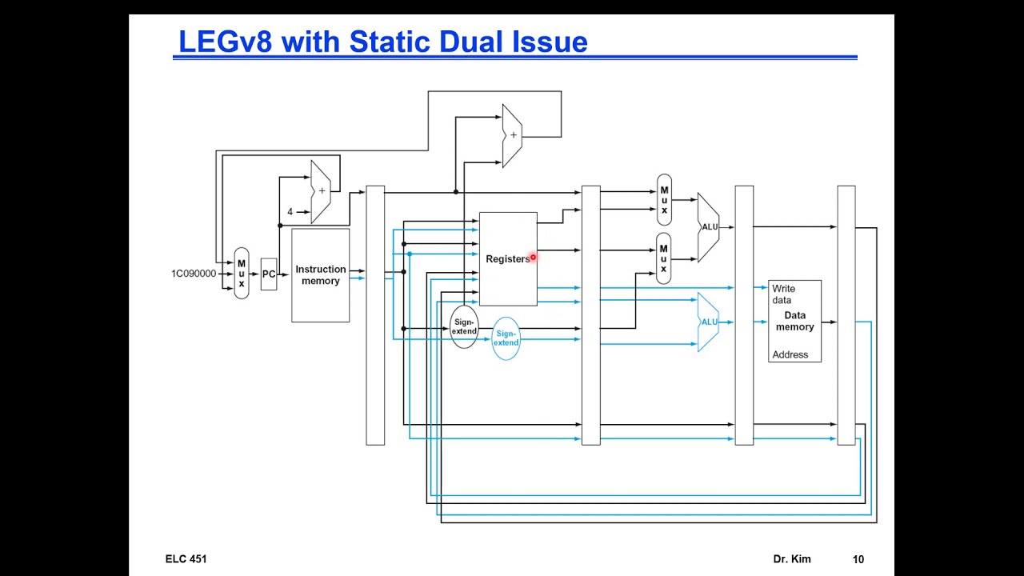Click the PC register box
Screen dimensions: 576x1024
click(269, 274)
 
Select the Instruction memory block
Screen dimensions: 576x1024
click(320, 275)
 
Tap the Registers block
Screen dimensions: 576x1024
click(507, 259)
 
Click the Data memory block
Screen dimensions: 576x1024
click(794, 321)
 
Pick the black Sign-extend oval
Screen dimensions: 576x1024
click(464, 326)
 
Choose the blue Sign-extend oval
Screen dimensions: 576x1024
click(506, 338)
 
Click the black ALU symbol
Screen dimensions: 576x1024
click(709, 227)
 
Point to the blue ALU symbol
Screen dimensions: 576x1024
click(709, 322)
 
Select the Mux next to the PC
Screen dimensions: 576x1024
click(241, 274)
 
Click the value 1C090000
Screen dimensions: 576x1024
click(193, 274)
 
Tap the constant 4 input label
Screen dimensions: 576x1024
click(290, 212)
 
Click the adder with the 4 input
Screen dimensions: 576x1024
click(321, 192)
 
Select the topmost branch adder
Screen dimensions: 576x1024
click(512, 135)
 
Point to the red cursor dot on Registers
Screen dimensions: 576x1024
click(533, 258)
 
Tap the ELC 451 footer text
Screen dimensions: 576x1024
click(186, 559)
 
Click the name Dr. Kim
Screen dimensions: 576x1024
click(792, 559)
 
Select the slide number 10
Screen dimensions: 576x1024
click(858, 559)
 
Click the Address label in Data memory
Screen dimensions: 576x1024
click(790, 354)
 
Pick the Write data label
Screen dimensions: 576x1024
click(783, 294)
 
